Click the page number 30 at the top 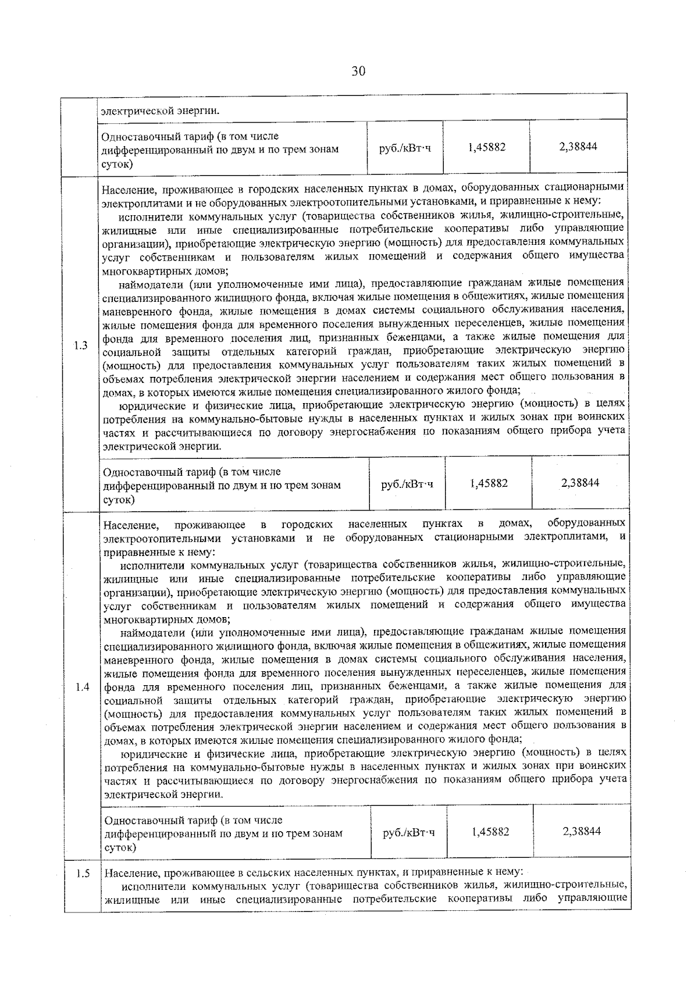tap(358, 72)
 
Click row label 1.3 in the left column tap(81, 345)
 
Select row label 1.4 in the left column tap(82, 687)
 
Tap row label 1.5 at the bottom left tap(83, 874)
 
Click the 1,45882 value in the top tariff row tap(486, 147)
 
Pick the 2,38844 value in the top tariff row tap(578, 147)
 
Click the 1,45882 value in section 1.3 tap(488, 483)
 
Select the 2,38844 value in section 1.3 tap(580, 483)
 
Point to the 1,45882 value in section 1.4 tap(490, 832)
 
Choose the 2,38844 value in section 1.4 tap(582, 831)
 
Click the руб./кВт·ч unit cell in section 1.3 tap(407, 484)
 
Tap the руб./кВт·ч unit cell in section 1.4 tap(408, 832)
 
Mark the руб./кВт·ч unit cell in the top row tap(405, 148)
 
